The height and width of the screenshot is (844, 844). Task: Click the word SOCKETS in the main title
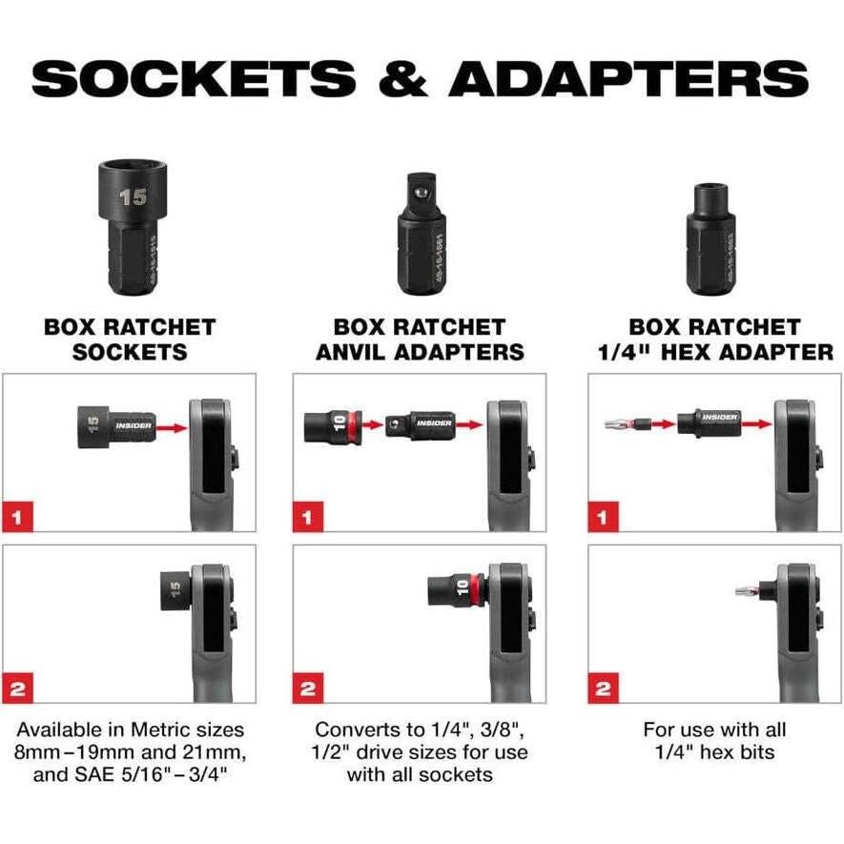[196, 78]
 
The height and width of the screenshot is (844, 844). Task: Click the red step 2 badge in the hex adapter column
[603, 687]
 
